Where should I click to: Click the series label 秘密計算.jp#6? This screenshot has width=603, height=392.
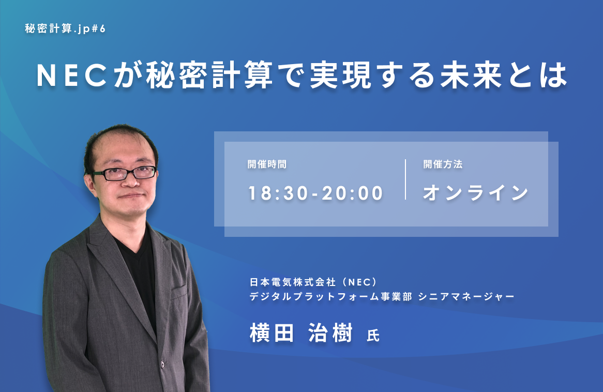click(65, 29)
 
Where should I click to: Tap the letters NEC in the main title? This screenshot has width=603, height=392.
click(71, 76)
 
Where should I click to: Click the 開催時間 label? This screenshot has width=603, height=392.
click(267, 164)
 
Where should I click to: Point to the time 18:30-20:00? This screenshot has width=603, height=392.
click(316, 193)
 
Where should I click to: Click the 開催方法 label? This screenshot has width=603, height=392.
click(443, 164)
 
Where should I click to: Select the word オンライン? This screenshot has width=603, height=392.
click(476, 193)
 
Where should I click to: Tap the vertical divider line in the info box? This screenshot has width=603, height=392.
click(405, 179)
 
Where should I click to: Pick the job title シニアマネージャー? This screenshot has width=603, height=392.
click(466, 297)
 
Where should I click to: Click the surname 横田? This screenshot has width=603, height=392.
click(272, 333)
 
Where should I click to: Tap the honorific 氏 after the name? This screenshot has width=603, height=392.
click(373, 336)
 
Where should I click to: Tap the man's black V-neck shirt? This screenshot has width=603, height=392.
click(139, 269)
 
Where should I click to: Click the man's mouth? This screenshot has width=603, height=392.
click(131, 196)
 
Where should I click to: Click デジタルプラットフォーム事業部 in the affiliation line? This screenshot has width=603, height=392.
click(331, 297)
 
